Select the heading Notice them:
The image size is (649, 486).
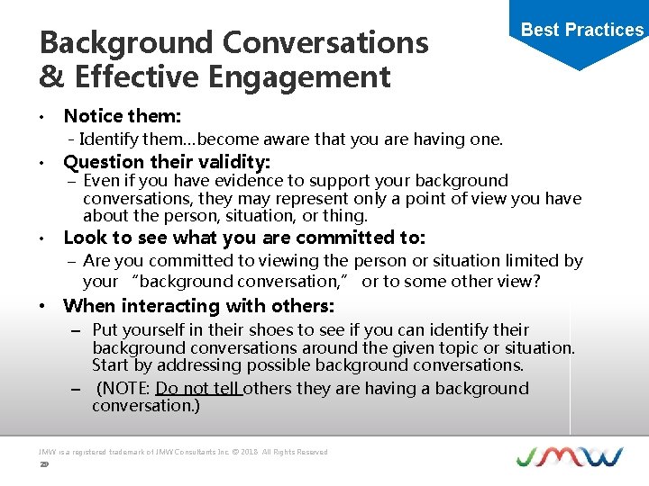click(x=123, y=116)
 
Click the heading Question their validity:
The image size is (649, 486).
click(x=167, y=162)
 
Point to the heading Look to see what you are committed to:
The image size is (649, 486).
click(x=244, y=238)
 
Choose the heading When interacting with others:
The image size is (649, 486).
click(x=199, y=306)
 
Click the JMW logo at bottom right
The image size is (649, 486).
click(x=569, y=456)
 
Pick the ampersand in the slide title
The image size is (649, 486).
click(x=53, y=78)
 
